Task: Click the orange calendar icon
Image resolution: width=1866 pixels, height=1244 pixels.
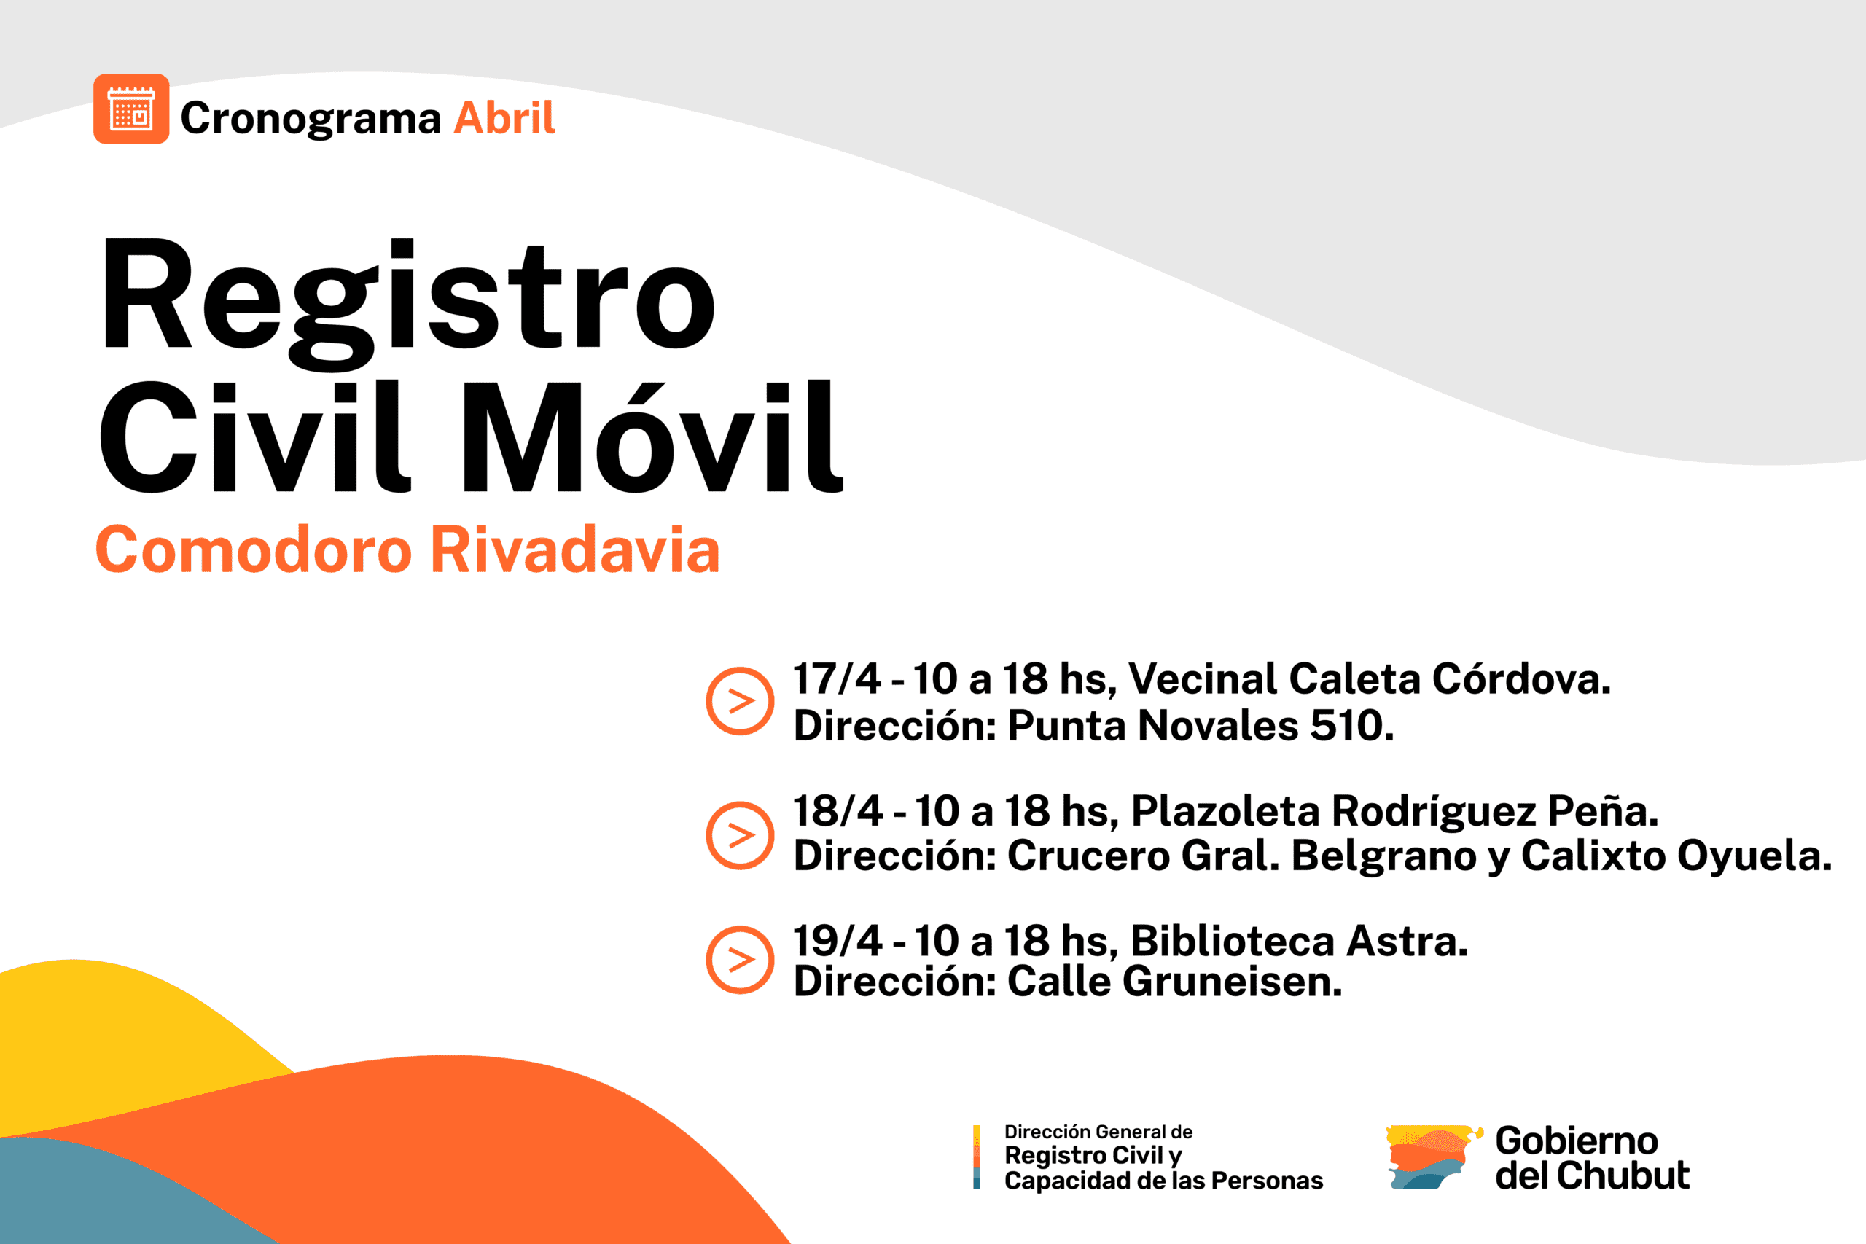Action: click(131, 109)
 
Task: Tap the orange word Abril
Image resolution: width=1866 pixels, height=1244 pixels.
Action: click(504, 118)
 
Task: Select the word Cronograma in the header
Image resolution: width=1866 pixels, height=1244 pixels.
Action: click(311, 120)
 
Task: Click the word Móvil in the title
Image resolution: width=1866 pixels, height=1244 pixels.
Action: click(653, 437)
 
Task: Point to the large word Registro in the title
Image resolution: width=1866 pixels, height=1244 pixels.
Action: click(410, 304)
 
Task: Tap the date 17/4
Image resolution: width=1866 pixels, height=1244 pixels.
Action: click(836, 679)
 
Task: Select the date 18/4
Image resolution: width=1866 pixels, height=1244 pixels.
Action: click(837, 811)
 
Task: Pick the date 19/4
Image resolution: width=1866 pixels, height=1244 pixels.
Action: click(837, 941)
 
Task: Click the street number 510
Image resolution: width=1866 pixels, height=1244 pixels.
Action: click(1351, 725)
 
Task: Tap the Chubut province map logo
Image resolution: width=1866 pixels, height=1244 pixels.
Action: click(1434, 1156)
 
